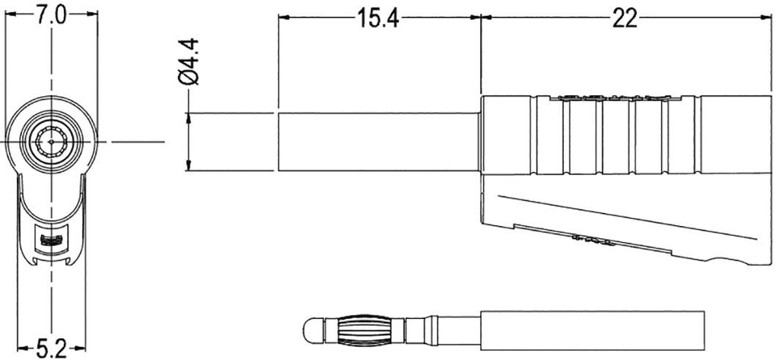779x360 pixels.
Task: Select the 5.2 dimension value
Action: (x=51, y=349)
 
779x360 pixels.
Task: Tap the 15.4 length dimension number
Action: (x=378, y=19)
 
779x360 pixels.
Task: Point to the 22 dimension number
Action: (x=624, y=19)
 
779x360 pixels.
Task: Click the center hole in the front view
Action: (x=51, y=141)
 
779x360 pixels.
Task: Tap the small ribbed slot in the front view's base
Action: (x=51, y=241)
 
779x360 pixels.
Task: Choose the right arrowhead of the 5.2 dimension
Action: (x=82, y=349)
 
